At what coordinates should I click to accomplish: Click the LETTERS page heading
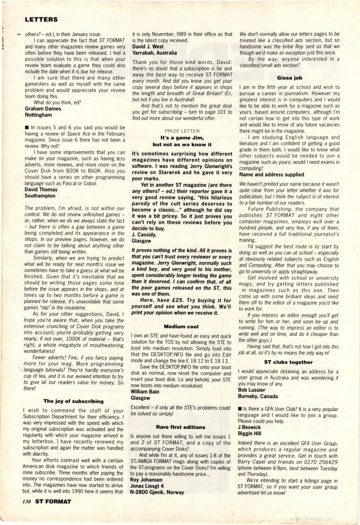point(41,20)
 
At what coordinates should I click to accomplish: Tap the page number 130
point(27,502)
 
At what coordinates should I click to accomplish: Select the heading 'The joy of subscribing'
point(73,401)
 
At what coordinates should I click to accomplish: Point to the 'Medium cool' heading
point(181,327)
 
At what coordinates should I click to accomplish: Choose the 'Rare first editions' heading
point(181,427)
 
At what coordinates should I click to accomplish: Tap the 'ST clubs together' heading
point(288,362)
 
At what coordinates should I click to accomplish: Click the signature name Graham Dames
point(43,108)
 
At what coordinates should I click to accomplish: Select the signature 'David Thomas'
point(41,189)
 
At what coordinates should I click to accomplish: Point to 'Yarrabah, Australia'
point(154,53)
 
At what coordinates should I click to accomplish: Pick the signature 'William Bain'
point(145,392)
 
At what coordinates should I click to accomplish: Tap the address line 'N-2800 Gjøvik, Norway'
point(157,492)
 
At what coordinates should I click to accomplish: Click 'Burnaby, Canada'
point(258,396)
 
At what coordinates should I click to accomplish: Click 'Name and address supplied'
point(271,174)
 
